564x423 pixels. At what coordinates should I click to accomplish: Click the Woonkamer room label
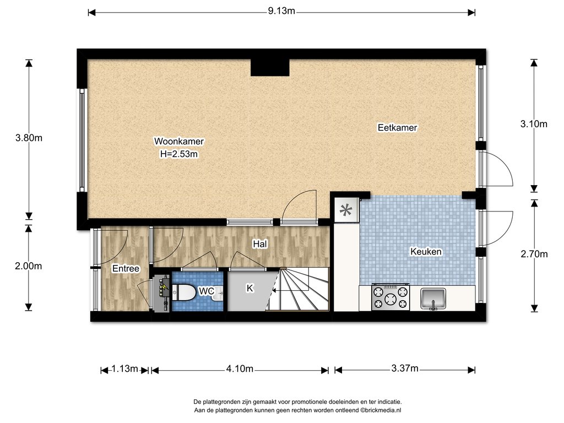tap(179, 142)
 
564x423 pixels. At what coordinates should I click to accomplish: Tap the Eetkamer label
tap(398, 128)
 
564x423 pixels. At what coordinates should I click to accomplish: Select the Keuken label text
tap(426, 251)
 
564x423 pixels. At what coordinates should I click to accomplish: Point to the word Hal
tap(260, 244)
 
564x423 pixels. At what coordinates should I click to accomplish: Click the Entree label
tap(126, 269)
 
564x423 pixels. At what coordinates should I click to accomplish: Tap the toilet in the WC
tap(184, 292)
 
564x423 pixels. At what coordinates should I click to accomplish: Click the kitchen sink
tap(433, 299)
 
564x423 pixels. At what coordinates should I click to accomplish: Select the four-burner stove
tap(391, 297)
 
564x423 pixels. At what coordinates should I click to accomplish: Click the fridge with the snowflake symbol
tap(346, 210)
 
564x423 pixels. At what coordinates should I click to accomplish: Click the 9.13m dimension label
tap(281, 11)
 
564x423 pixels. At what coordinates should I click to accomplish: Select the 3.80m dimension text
tap(29, 138)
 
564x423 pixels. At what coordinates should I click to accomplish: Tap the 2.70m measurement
tap(534, 254)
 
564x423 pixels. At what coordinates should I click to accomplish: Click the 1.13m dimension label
tap(124, 368)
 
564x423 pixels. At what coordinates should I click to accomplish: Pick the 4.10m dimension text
tap(240, 368)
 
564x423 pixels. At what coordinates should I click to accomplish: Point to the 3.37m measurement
tap(405, 368)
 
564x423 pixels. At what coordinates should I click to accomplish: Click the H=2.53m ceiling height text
tap(179, 154)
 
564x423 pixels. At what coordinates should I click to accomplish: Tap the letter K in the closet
tap(250, 288)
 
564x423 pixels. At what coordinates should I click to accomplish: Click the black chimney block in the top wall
tap(270, 67)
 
